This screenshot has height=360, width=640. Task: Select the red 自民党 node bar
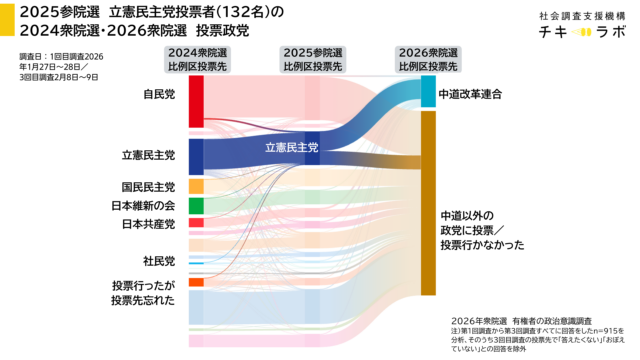click(x=196, y=100)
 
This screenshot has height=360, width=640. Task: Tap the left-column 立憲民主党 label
click(x=148, y=155)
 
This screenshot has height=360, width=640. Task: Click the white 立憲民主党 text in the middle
click(x=291, y=148)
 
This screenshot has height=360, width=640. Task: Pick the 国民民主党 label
click(x=148, y=187)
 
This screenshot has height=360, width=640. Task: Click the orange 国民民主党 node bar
click(x=196, y=187)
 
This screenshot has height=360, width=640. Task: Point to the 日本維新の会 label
click(x=143, y=205)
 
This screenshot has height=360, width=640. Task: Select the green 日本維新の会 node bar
click(x=196, y=206)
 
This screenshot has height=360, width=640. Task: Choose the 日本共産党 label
click(x=148, y=223)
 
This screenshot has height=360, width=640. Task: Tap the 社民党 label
click(x=159, y=261)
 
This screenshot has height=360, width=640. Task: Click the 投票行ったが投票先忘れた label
click(x=143, y=292)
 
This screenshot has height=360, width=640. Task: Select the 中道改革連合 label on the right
click(x=469, y=93)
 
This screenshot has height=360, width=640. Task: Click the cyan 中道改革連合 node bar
click(x=428, y=91)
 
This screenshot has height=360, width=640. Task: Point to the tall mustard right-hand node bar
click(x=428, y=204)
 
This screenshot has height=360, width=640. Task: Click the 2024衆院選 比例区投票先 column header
click(x=196, y=59)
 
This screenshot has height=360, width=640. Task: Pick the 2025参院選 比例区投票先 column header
click(x=312, y=59)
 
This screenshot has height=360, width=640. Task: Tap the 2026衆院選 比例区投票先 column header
click(x=428, y=59)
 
